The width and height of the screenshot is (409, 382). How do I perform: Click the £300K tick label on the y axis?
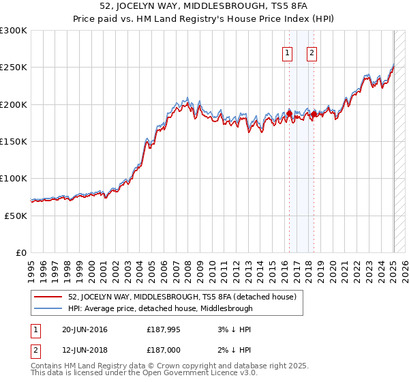pyautogui.click(x=14, y=31)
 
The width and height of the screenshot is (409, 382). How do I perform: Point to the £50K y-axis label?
pyautogui.click(x=16, y=216)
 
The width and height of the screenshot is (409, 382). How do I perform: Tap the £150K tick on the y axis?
pyautogui.click(x=14, y=141)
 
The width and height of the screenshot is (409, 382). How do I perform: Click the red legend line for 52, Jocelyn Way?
pyautogui.click(x=48, y=297)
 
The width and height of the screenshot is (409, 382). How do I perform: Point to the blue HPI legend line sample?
pyautogui.click(x=48, y=308)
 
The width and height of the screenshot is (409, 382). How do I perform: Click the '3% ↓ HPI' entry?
pyautogui.click(x=232, y=329)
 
